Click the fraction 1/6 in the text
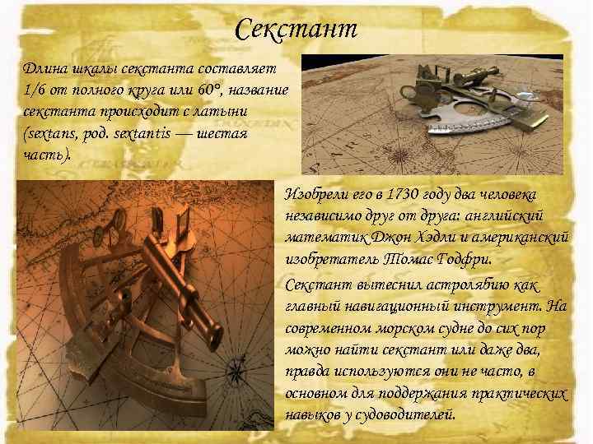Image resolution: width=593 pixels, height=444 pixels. [x=35, y=89]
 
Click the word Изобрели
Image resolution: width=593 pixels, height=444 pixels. [x=311, y=195]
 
